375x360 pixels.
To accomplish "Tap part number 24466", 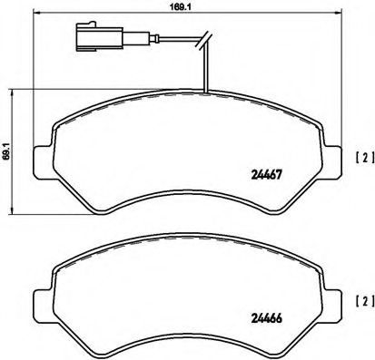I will [265, 318].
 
